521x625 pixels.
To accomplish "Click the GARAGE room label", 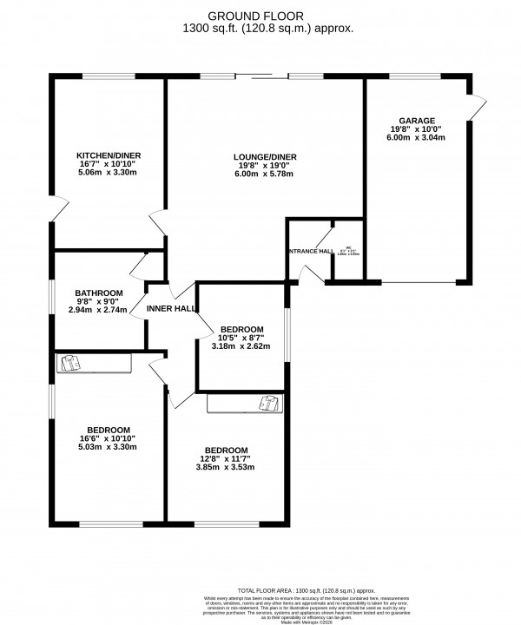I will point(417,121).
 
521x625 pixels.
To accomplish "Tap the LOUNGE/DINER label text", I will point(265,156).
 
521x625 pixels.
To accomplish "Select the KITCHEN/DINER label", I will point(109,155).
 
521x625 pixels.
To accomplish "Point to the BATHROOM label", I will point(98,293).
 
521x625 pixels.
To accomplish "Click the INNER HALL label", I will point(170,308).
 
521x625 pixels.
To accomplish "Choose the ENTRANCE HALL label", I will point(311,251).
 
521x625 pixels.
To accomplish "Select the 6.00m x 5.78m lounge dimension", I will point(265,174).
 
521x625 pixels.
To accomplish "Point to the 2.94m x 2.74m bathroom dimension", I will point(98,310).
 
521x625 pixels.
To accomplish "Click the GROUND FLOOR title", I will point(256,16).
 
